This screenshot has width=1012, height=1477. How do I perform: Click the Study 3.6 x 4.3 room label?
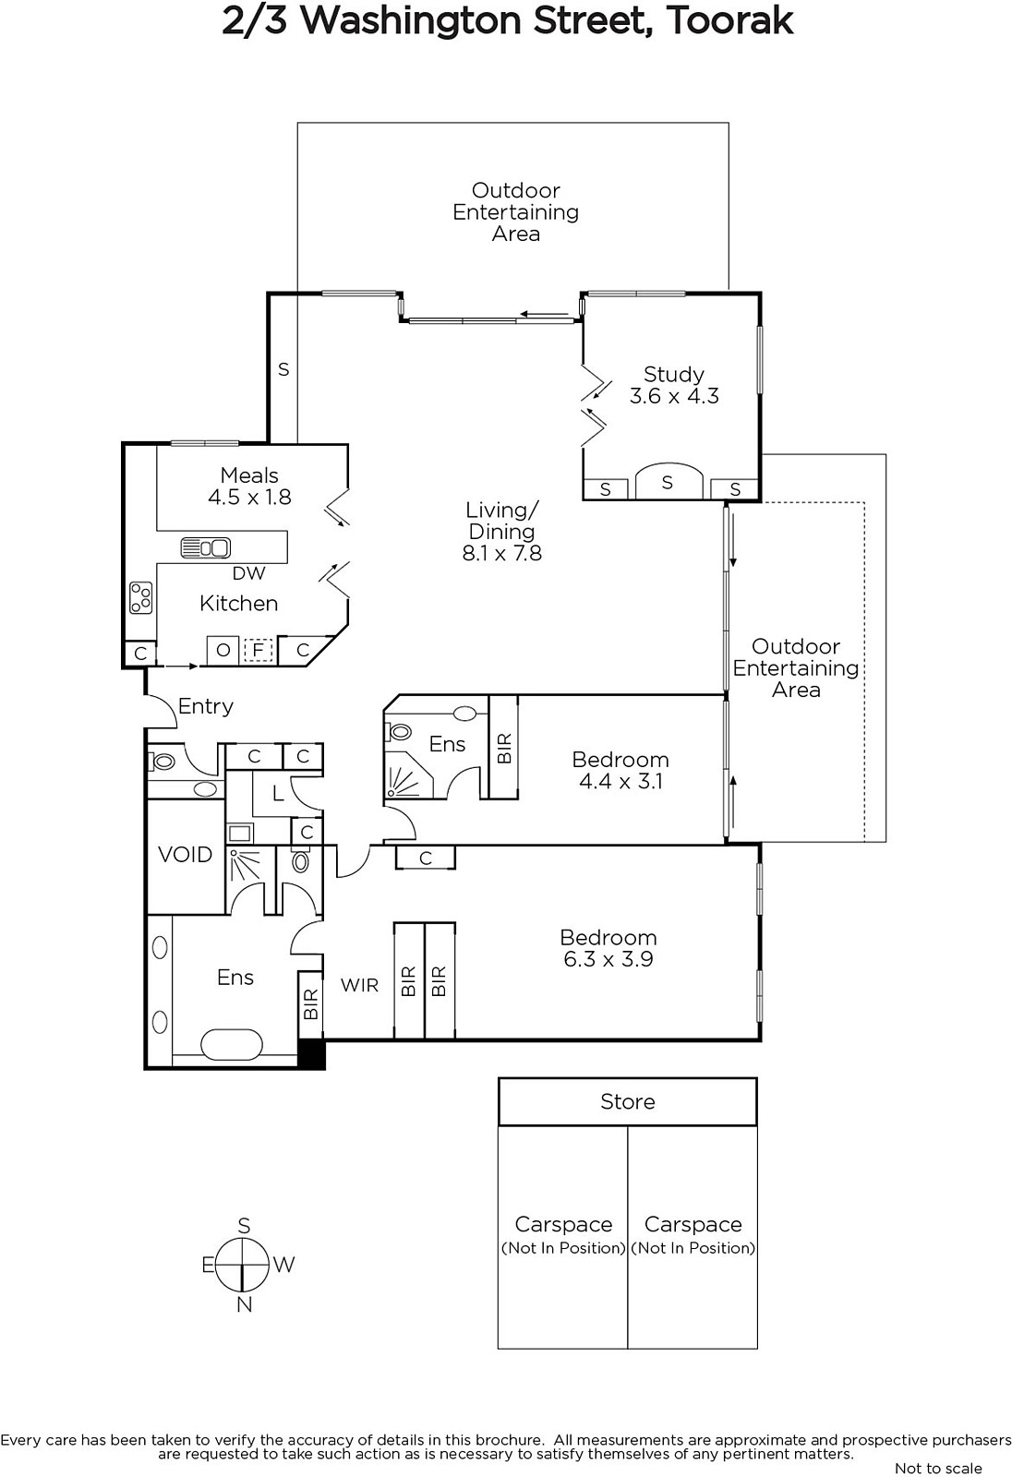click(x=673, y=385)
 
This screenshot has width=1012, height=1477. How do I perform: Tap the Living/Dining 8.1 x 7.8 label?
click(x=502, y=532)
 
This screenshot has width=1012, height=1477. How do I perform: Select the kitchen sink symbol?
click(x=205, y=548)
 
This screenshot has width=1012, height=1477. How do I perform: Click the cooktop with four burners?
click(x=141, y=597)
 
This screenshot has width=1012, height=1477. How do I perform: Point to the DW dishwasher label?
click(x=248, y=573)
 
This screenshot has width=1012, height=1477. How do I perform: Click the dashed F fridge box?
click(x=258, y=650)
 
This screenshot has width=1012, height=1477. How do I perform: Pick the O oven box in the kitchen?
click(x=223, y=650)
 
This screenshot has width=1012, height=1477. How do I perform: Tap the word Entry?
click(x=205, y=706)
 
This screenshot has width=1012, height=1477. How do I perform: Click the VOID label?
click(x=185, y=855)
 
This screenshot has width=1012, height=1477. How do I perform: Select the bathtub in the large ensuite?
click(x=232, y=1045)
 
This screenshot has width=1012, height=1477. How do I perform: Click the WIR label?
click(x=359, y=985)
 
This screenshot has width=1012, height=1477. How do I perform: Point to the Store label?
click(x=627, y=1102)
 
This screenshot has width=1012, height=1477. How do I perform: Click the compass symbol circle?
click(x=244, y=1265)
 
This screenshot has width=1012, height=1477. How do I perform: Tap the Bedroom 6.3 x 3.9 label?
click(x=608, y=948)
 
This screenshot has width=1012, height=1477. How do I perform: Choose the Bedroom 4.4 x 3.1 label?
click(x=620, y=770)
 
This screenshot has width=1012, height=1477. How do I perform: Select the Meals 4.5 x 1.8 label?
click(x=249, y=486)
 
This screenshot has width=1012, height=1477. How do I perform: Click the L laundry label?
click(x=278, y=794)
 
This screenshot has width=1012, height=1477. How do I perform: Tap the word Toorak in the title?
click(x=729, y=22)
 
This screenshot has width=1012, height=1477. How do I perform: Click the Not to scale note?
click(x=938, y=1467)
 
